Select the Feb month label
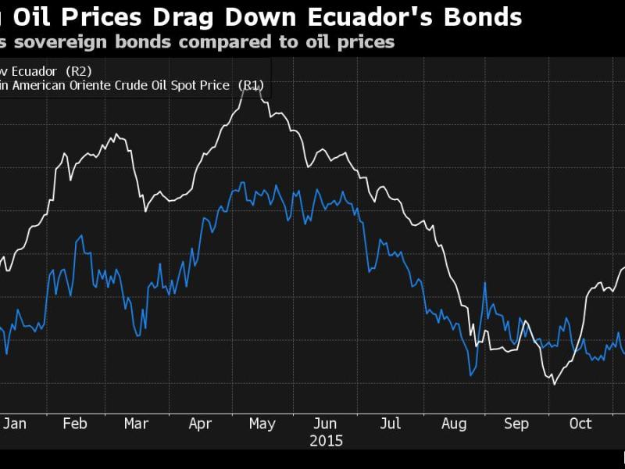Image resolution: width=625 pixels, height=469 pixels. [x=74, y=423]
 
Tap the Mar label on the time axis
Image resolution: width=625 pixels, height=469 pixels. [x=136, y=423]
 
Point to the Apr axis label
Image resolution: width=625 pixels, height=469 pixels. [x=200, y=423]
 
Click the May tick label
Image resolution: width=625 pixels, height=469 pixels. [x=262, y=423]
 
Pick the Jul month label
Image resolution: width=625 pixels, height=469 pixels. [x=390, y=423]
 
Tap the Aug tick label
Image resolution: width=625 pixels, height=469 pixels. [x=453, y=423]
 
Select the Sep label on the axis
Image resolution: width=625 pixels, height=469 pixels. [x=516, y=423]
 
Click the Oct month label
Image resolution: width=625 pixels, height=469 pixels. [x=580, y=423]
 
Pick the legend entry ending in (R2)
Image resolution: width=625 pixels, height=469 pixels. [x=47, y=71]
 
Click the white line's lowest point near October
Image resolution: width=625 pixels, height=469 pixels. [x=554, y=383]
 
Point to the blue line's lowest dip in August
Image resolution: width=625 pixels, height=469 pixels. [x=471, y=376]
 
